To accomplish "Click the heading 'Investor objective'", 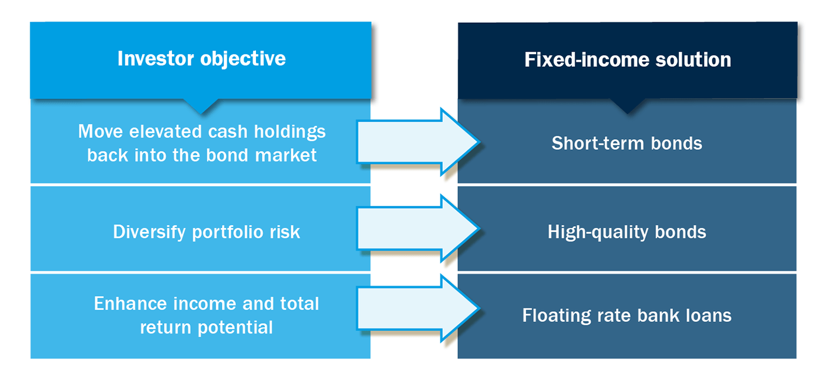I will tap(201, 59).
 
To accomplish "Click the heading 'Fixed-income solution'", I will tap(628, 59).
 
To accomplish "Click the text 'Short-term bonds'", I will tap(626, 143).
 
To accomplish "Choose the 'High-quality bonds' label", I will tap(626, 232).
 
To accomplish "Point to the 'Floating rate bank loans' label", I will tap(626, 316).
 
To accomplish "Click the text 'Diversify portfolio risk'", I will tap(206, 232).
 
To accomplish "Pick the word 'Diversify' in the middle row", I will tap(150, 232).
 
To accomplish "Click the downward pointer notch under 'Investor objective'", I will tap(201, 106).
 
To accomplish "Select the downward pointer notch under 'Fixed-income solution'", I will tap(627, 106).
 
